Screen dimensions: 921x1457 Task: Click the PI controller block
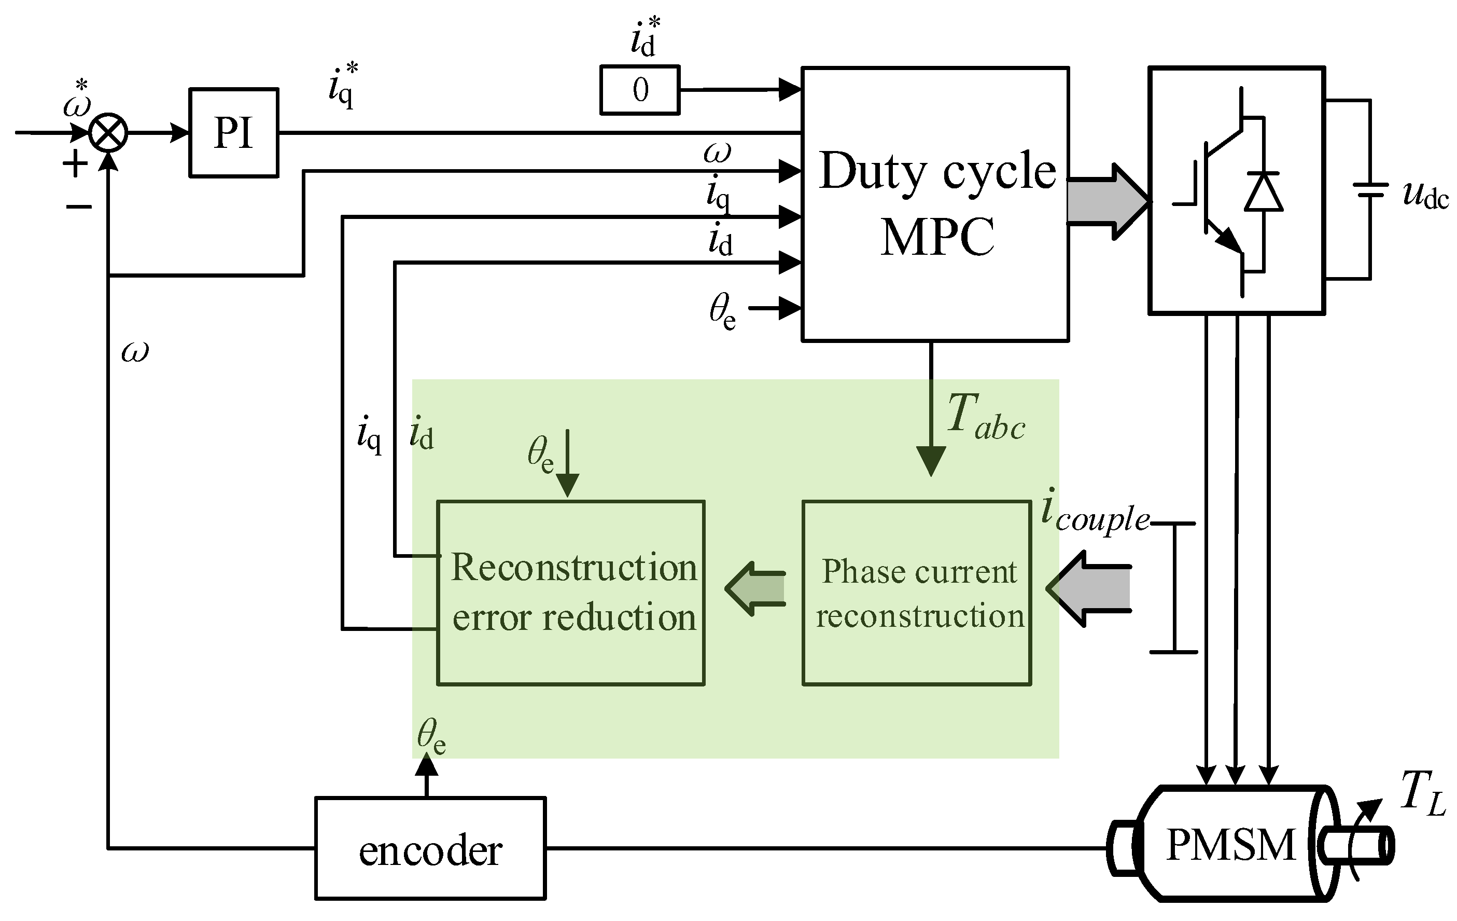(x=233, y=133)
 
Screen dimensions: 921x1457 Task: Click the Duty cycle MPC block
(x=935, y=204)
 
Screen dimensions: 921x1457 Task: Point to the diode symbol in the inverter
(x=1264, y=192)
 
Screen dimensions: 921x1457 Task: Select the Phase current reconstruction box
(x=917, y=593)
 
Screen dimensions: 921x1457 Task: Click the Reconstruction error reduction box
(x=570, y=593)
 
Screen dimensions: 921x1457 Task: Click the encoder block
(x=430, y=848)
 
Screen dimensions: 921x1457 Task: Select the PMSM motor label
(x=1230, y=845)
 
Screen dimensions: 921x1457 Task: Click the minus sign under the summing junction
(x=79, y=207)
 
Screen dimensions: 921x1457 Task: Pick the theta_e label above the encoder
(x=431, y=737)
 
